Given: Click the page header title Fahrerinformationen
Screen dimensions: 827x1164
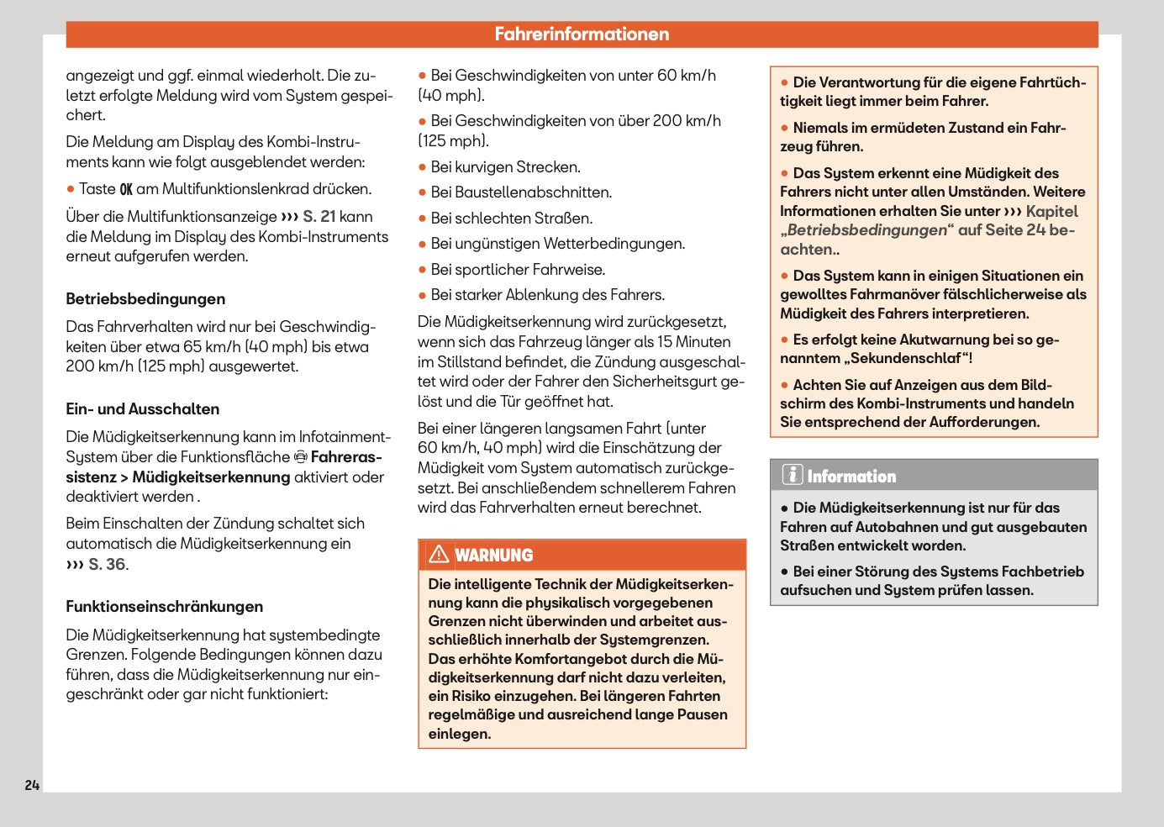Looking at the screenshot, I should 582,34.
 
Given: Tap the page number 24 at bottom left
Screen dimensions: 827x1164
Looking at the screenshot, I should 32,785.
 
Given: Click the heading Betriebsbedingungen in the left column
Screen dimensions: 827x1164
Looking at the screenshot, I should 145,299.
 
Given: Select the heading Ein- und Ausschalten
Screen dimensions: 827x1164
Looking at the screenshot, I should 143,409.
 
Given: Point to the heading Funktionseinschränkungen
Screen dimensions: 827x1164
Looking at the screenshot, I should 165,607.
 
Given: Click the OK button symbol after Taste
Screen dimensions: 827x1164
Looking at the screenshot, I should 126,190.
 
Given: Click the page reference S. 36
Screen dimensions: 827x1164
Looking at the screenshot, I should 108,565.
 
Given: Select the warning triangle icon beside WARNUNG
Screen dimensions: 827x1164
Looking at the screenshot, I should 439,555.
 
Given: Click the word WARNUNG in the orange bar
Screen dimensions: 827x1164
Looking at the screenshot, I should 494,556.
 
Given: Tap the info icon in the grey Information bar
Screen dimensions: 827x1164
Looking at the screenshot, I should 792,475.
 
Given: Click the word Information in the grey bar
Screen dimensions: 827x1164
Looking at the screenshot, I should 851,477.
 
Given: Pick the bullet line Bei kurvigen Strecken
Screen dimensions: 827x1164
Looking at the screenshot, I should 505,167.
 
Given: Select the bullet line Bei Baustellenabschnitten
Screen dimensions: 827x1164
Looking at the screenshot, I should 520,192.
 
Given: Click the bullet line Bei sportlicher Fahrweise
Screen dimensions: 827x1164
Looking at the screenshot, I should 518,270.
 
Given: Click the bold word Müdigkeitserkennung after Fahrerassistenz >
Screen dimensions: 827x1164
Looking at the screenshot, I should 211,477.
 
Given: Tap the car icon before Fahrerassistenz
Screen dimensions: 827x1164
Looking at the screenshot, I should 301,457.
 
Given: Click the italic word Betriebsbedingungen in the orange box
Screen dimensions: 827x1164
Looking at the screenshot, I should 866,230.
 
